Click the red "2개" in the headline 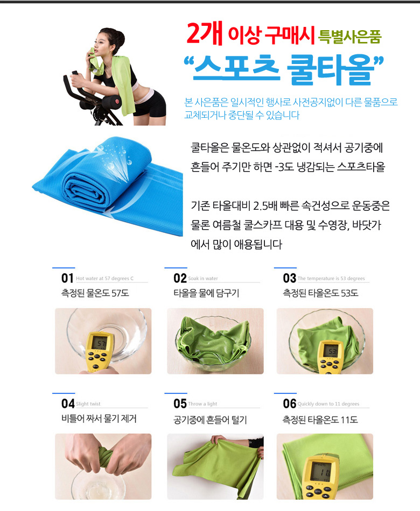coord(204,33)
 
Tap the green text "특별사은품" coord(349,37)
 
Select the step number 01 coord(67,278)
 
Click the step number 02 coord(180,278)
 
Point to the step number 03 coord(290,278)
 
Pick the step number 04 coord(68,404)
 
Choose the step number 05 coord(180,404)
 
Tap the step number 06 coord(290,404)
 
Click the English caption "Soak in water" coord(203,278)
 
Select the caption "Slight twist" coord(88,404)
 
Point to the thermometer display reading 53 coord(332,351)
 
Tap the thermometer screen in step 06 coord(322,471)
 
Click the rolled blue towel coord(108,186)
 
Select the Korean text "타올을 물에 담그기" coord(207,293)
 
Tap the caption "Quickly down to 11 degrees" coord(328,404)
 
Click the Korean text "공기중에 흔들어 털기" coord(210,420)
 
